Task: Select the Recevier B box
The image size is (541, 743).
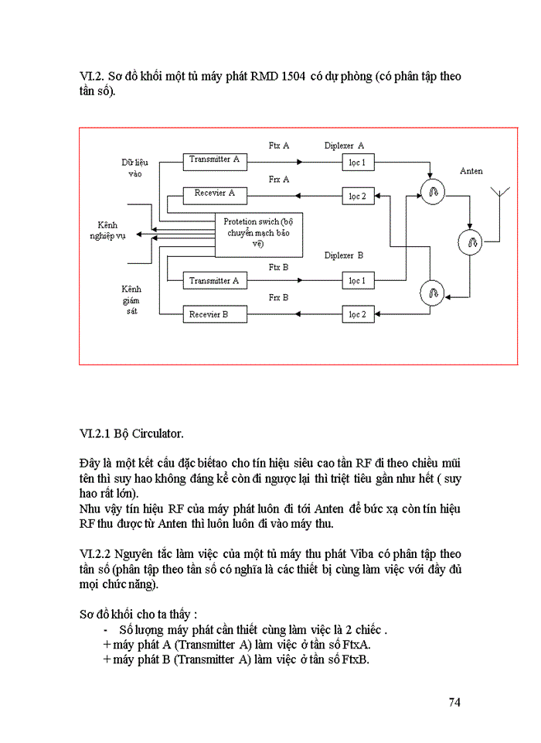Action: [x=213, y=314]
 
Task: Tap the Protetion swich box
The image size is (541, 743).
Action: [x=258, y=233]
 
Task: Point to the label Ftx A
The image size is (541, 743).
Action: [x=279, y=145]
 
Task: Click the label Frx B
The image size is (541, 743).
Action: [x=279, y=297]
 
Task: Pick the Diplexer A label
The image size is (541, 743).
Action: [x=344, y=145]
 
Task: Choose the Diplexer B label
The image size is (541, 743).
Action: [x=344, y=255]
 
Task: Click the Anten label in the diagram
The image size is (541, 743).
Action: [x=471, y=170]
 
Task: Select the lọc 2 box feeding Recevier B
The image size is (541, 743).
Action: [x=356, y=314]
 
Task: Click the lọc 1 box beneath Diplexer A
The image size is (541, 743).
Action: [x=356, y=163]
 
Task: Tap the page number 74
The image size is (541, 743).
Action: [x=454, y=702]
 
